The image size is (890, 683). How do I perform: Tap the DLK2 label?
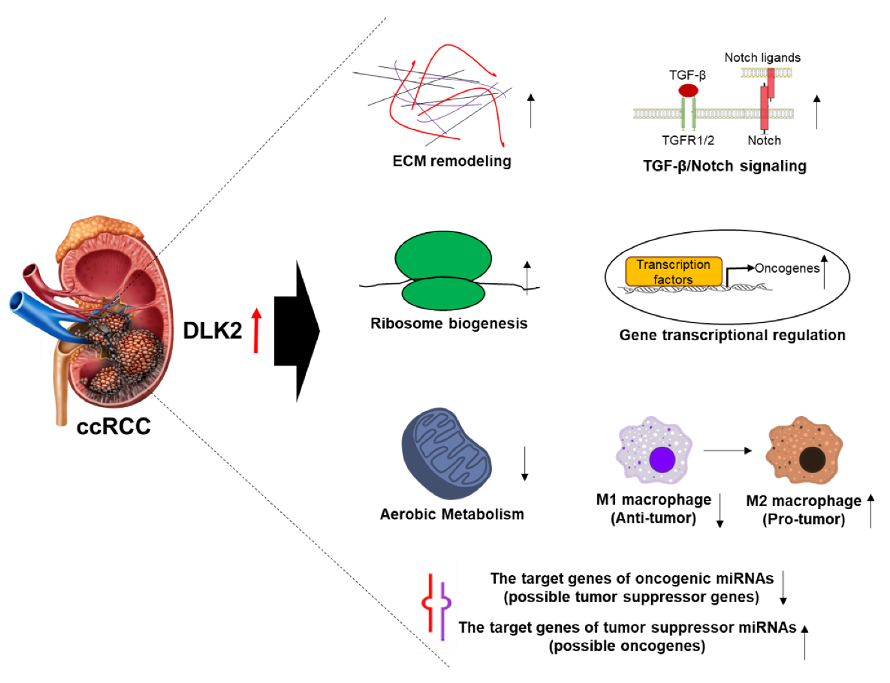212,330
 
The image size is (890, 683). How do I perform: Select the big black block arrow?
296,331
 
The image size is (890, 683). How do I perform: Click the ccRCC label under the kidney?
114,426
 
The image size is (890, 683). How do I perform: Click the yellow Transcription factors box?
673,271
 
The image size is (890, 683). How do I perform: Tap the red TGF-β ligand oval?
688,90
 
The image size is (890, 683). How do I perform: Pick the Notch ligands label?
762,58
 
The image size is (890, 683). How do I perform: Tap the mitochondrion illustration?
446,453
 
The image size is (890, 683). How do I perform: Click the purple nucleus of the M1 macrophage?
662,459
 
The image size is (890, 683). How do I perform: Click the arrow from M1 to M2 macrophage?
727,450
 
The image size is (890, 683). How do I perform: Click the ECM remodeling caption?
451,161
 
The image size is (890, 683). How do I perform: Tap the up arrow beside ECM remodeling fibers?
530,111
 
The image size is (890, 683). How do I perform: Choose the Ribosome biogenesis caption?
449,324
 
